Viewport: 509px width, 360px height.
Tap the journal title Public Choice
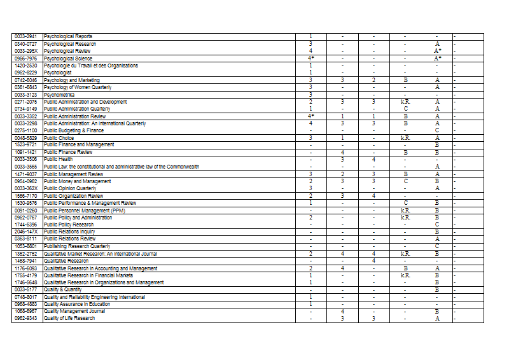click(59, 138)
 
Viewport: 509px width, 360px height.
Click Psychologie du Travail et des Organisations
click(91, 66)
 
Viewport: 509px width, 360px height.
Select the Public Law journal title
click(122, 167)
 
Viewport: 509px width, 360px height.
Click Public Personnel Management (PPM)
click(85, 211)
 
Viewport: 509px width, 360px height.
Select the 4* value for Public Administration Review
click(311, 116)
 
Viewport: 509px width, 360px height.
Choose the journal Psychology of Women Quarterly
click(78, 87)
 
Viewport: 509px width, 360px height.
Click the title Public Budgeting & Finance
click(74, 130)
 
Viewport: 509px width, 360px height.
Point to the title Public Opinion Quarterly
click(71, 189)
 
